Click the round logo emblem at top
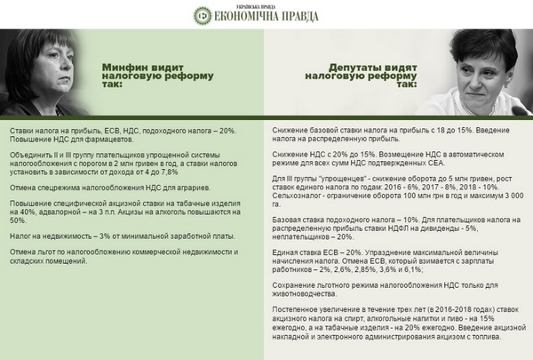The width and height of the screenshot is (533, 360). [x=204, y=15]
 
